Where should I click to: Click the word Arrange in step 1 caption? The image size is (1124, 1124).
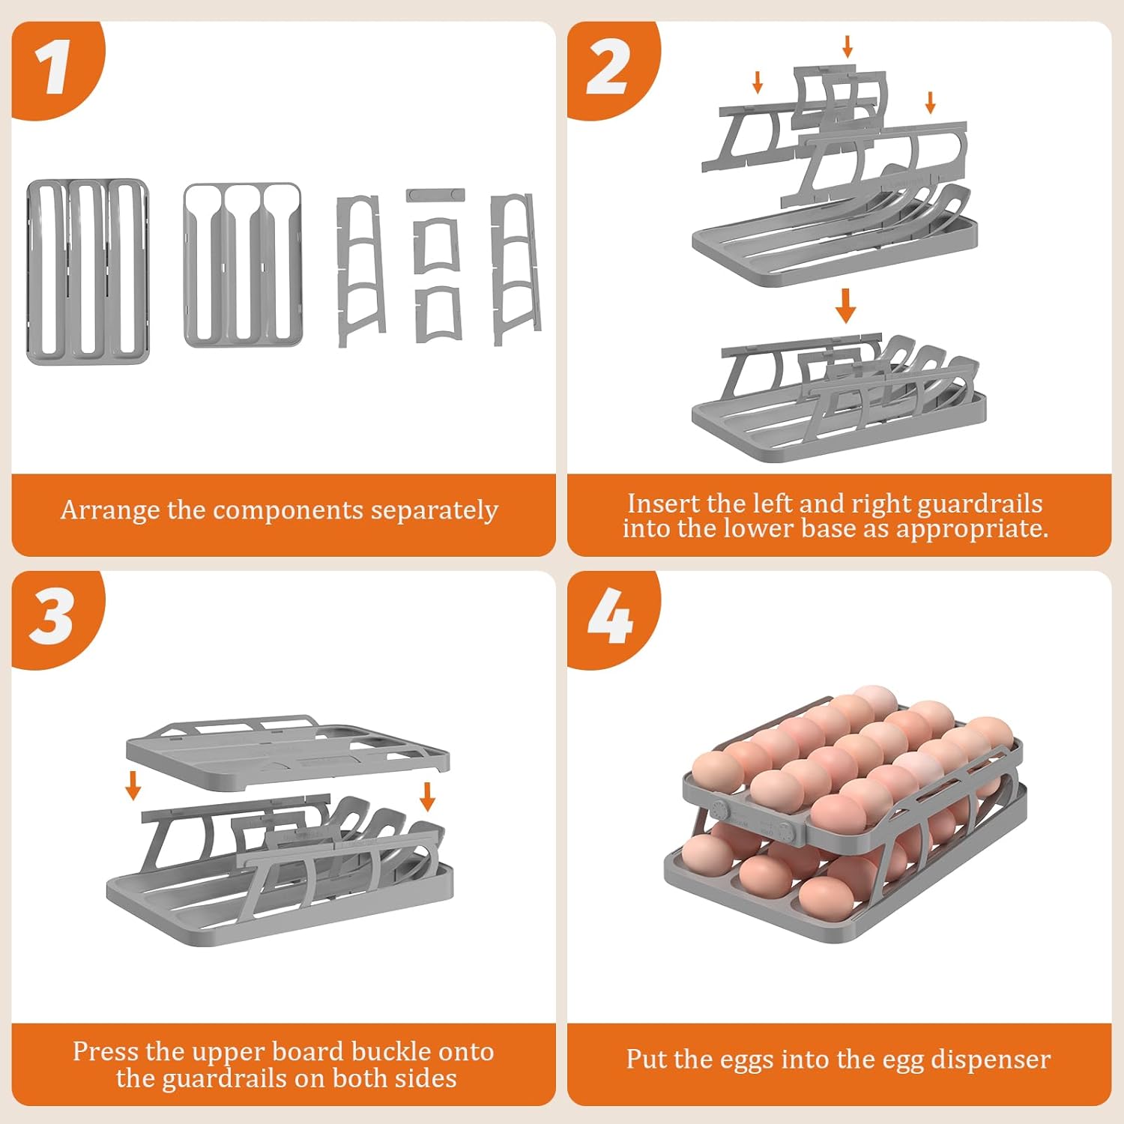[x=111, y=511]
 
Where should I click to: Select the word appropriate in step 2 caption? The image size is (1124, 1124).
[x=972, y=530]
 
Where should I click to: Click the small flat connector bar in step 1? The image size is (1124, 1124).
[x=435, y=196]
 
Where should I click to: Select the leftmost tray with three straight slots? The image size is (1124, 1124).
[x=88, y=272]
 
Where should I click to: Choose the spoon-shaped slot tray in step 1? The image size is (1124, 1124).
[x=244, y=265]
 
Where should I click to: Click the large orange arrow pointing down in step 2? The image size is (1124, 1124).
[x=846, y=306]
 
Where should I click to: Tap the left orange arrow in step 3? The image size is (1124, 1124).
[x=133, y=785]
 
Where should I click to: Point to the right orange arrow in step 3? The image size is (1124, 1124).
[x=428, y=797]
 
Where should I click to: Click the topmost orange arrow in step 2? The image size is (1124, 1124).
[x=847, y=46]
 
